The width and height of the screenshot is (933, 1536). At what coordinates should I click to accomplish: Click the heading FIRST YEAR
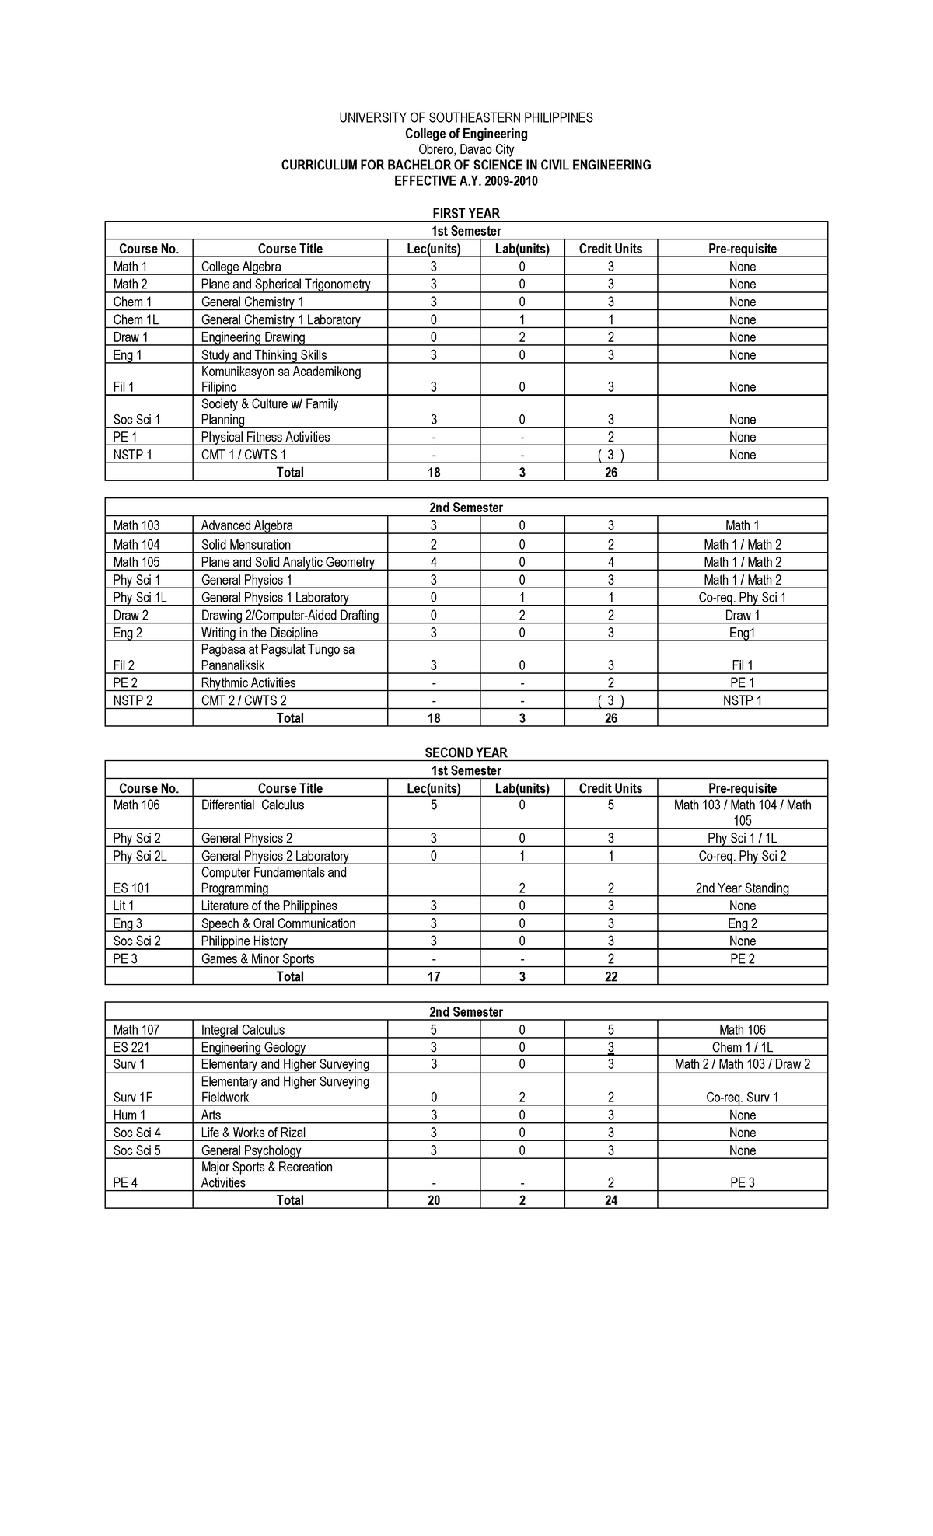tap(466, 213)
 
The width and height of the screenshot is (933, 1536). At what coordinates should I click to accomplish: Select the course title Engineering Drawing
tap(253, 337)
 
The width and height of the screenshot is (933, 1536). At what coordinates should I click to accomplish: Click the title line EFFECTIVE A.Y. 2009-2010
tap(466, 181)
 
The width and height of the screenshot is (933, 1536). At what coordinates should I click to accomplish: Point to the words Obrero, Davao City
tap(466, 149)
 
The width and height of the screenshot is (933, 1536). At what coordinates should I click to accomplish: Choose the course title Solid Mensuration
tap(246, 545)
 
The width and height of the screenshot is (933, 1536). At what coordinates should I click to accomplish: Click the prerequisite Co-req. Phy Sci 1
tap(742, 598)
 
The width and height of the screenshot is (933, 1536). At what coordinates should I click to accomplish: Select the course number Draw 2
tap(131, 616)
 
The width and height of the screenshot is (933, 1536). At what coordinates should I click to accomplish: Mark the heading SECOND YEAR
tap(466, 752)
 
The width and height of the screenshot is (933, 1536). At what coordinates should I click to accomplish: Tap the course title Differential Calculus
tap(253, 805)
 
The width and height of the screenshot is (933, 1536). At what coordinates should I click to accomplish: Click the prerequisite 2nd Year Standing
tap(742, 888)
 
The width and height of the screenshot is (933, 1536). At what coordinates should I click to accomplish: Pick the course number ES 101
tap(131, 888)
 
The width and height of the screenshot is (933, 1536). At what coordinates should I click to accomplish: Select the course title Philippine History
tap(244, 941)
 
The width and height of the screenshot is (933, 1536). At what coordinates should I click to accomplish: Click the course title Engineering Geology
tap(253, 1048)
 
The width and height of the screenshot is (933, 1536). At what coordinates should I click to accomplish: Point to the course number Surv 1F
tap(132, 1098)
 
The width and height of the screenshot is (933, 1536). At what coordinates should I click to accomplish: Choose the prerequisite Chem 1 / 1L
tap(742, 1048)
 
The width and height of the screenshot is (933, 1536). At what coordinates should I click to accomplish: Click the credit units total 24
tap(610, 1200)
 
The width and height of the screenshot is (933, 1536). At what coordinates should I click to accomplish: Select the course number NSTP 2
tap(132, 700)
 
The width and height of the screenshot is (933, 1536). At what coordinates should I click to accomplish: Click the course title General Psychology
tap(250, 1150)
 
